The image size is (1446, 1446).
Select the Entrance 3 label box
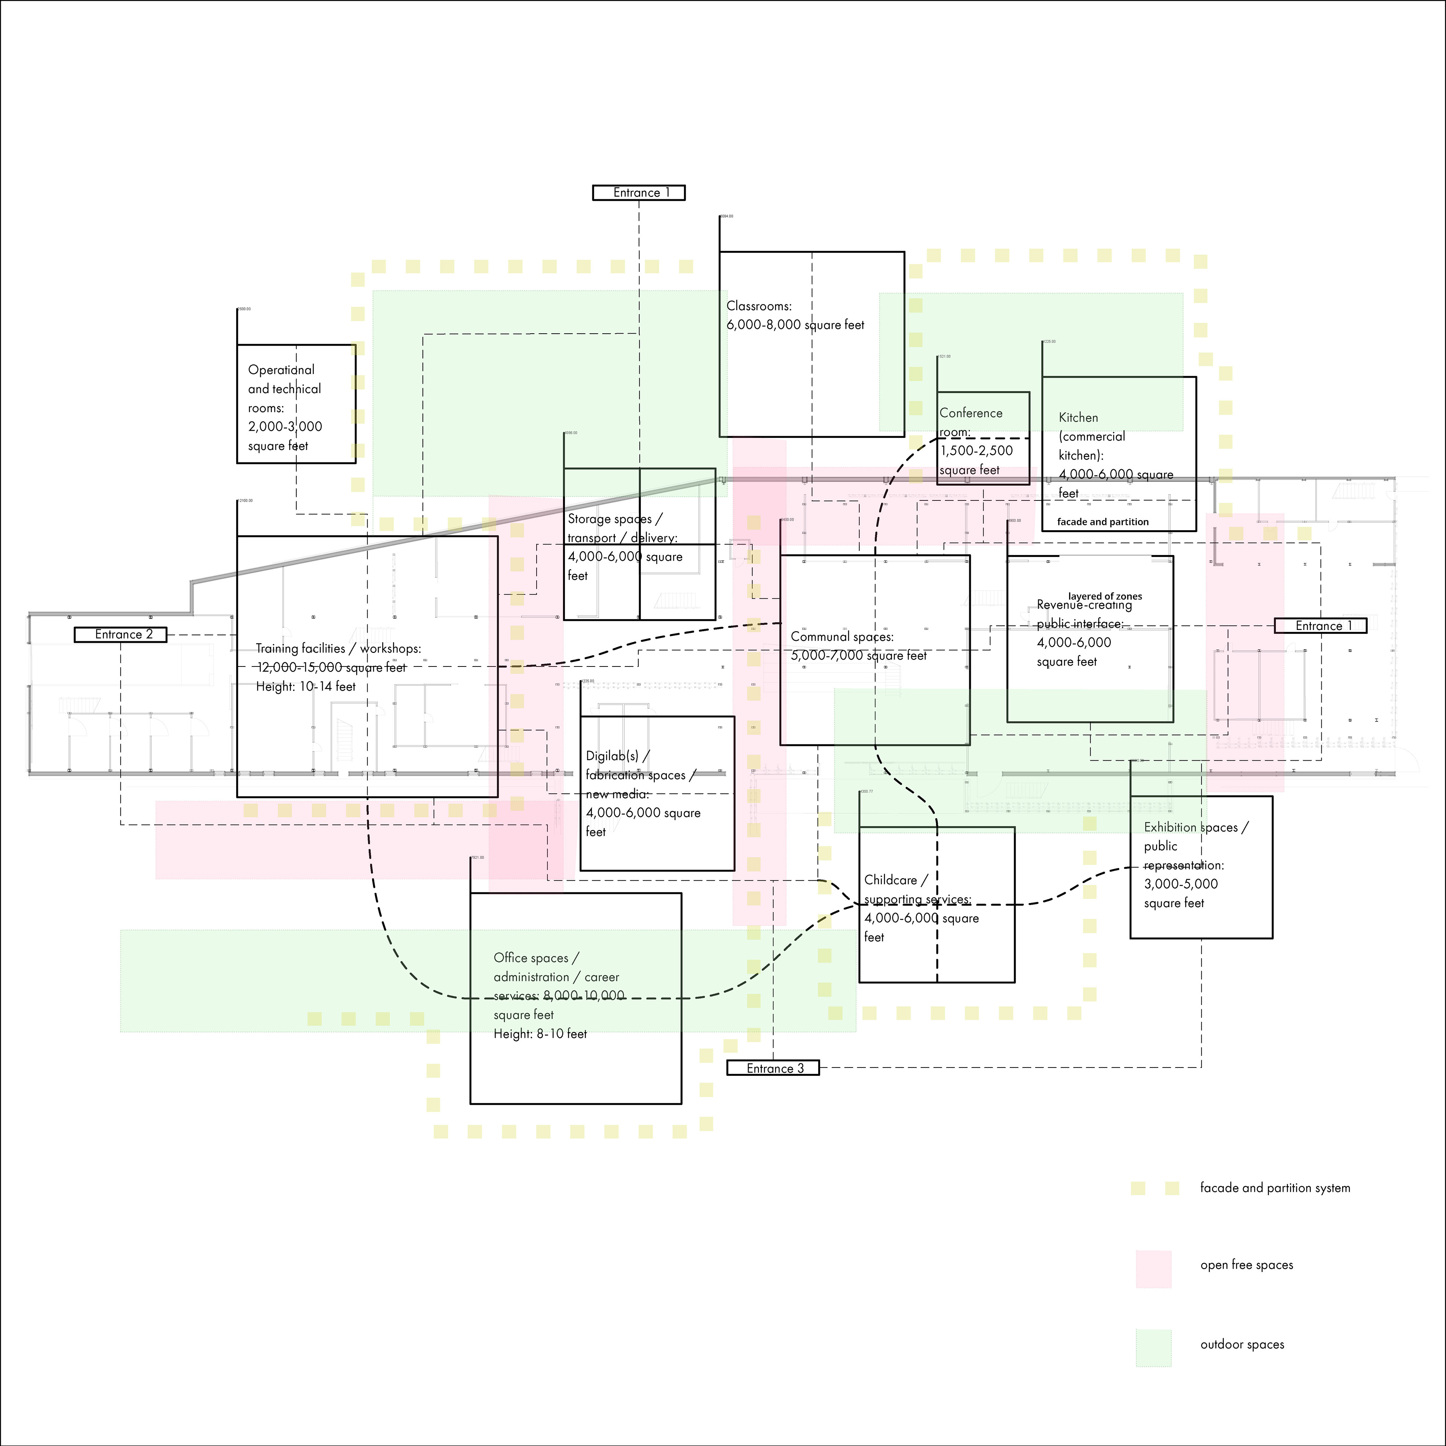pyautogui.click(x=773, y=1068)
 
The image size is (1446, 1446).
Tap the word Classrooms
pyautogui.click(x=758, y=306)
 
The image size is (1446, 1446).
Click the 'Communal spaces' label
pyautogui.click(x=842, y=637)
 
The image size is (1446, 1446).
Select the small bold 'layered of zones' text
pyautogui.click(x=1105, y=596)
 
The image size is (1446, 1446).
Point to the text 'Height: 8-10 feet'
pyautogui.click(x=540, y=1034)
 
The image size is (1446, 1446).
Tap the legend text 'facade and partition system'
pyautogui.click(x=1275, y=1188)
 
